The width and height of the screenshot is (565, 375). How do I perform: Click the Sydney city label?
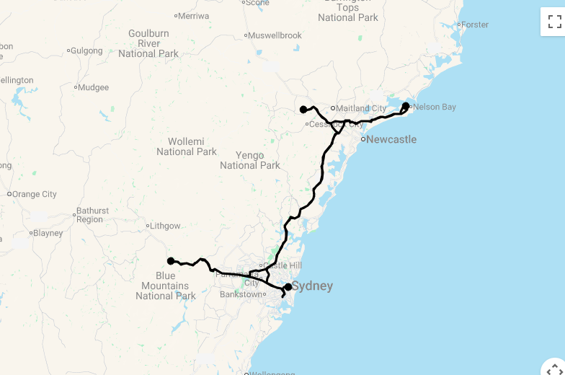(312, 286)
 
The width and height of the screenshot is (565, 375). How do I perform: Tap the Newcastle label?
(391, 139)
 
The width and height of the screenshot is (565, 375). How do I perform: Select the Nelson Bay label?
(435, 107)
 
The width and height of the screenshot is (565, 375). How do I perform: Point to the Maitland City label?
(361, 109)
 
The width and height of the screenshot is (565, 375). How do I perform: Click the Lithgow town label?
(165, 226)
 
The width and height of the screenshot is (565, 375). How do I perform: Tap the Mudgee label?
(93, 88)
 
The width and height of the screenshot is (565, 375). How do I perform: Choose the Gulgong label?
(86, 50)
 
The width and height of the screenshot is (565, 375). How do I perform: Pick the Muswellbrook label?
(275, 35)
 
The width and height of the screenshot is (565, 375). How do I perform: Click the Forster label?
(474, 25)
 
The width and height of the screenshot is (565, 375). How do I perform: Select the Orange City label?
(34, 194)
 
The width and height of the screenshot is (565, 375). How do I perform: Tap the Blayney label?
(48, 233)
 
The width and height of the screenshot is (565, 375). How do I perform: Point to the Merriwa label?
(192, 16)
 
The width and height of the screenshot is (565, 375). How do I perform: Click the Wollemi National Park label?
(187, 146)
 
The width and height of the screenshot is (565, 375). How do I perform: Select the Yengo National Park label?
(250, 160)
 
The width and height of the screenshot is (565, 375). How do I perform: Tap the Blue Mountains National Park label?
(166, 286)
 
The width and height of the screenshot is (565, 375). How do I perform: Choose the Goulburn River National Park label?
(148, 43)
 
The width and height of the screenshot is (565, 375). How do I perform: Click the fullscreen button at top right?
(554, 22)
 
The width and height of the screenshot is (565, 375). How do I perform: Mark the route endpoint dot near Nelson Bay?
(406, 106)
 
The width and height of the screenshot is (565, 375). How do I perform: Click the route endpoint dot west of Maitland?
(303, 110)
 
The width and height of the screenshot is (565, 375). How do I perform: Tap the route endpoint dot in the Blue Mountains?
(171, 261)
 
